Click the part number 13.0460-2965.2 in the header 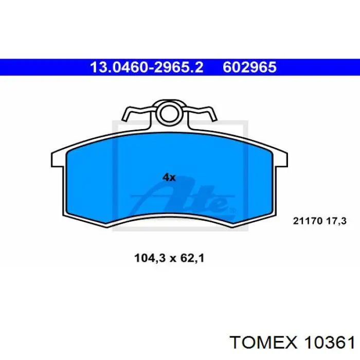pyautogui.click(x=147, y=67)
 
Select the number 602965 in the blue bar pyautogui.click(x=249, y=67)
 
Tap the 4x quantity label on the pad pyautogui.click(x=169, y=177)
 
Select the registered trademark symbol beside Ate pyautogui.click(x=231, y=210)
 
